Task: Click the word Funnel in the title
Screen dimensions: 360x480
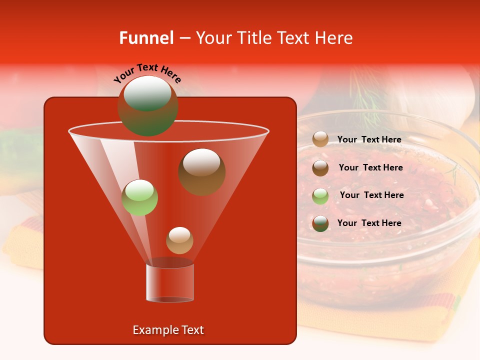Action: pos(146,38)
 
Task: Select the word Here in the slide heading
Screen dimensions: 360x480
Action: pos(334,38)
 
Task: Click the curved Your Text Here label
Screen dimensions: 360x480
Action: pos(147,73)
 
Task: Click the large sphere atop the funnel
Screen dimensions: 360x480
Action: pos(147,105)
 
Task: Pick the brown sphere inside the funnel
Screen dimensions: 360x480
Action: pos(201,171)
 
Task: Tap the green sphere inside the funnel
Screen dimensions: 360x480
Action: pos(139,197)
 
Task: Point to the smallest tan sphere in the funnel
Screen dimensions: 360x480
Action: pos(179,240)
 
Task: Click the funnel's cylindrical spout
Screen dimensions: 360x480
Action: pos(170,282)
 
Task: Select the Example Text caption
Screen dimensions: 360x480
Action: pos(168,330)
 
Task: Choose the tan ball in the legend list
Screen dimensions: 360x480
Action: pos(320,139)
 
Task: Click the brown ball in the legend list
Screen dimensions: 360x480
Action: pos(320,168)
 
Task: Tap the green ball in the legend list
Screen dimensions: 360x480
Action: pos(320,196)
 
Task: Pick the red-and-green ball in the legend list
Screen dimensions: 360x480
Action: pos(320,223)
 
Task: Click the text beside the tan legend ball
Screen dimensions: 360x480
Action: pos(369,140)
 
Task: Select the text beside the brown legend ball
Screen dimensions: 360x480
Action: pos(370,168)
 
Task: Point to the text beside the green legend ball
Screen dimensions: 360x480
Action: pos(371,195)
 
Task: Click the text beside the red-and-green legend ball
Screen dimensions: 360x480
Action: pos(369,223)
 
